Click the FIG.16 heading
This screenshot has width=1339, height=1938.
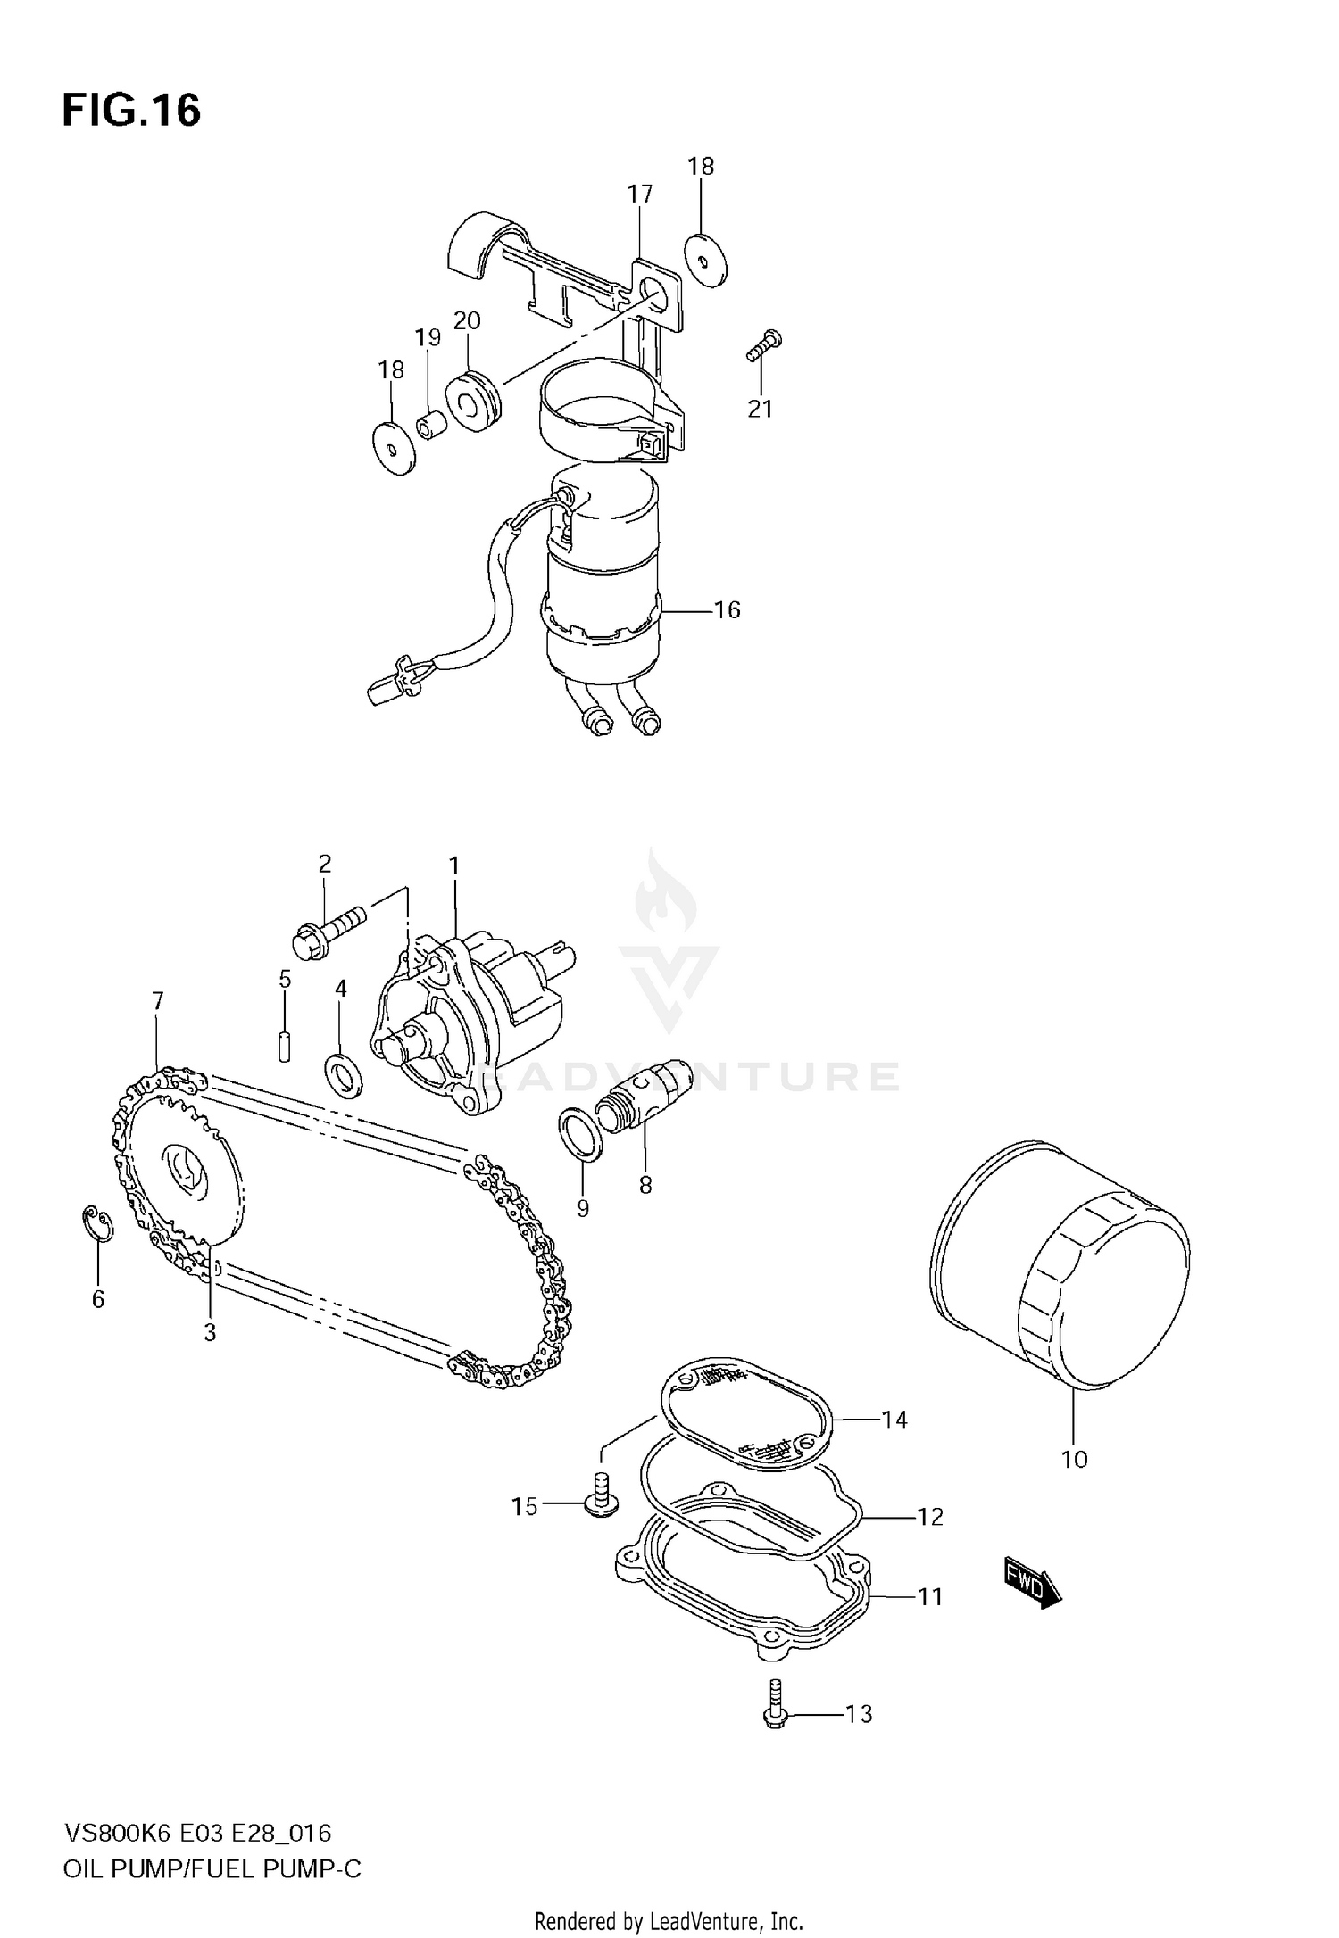pos(131,112)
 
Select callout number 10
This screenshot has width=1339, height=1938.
pos(1074,1459)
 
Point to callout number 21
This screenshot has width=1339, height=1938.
pos(760,409)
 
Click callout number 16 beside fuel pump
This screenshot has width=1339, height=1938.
pos(728,609)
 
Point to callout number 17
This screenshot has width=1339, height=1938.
pos(639,194)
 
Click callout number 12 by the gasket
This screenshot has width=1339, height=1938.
pos(929,1516)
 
